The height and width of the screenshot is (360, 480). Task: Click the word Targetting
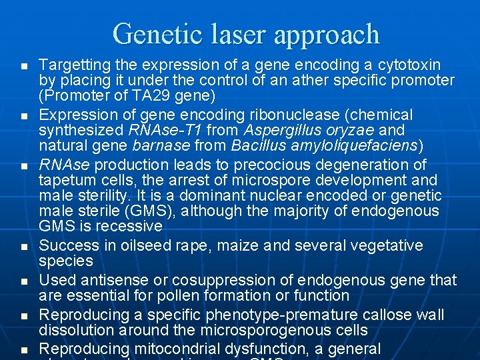click(x=73, y=65)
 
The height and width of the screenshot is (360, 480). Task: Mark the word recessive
click(x=129, y=226)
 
